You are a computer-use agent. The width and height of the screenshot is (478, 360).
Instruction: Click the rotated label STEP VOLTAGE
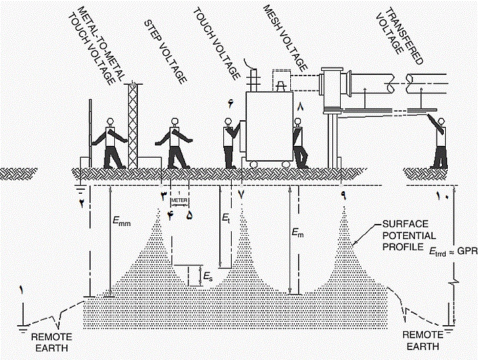coord(165,52)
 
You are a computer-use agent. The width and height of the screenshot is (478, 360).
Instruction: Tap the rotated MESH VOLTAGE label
coord(285,37)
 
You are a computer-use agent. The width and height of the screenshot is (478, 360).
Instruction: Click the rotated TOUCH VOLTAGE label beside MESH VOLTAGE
coord(216,44)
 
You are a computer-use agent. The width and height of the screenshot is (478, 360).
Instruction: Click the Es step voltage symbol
coord(207,277)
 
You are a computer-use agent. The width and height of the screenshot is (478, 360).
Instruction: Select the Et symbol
coord(226,218)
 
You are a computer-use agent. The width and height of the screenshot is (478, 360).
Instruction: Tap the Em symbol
coord(297,233)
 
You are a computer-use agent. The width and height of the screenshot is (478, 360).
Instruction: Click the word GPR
coord(468,251)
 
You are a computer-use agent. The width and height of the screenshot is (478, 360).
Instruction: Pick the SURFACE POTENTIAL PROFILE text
coord(409,236)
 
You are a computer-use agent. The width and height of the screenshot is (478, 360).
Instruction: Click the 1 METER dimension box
coord(179,200)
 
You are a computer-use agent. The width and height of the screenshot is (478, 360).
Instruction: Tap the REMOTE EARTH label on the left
coord(51,342)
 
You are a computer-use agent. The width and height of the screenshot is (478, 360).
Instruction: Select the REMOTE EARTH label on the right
coord(423,340)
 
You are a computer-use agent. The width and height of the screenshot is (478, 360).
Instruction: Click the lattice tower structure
coord(133,125)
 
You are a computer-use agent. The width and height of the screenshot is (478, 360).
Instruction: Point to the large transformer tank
coord(269,126)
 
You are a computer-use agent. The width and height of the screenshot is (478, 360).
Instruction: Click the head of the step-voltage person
coord(175,122)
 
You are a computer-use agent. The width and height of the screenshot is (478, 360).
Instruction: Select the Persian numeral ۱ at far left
coord(21,290)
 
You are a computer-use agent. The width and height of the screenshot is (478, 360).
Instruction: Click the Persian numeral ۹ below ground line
coord(343,196)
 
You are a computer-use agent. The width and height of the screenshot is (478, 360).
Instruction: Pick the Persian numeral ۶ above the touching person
coord(230,104)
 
